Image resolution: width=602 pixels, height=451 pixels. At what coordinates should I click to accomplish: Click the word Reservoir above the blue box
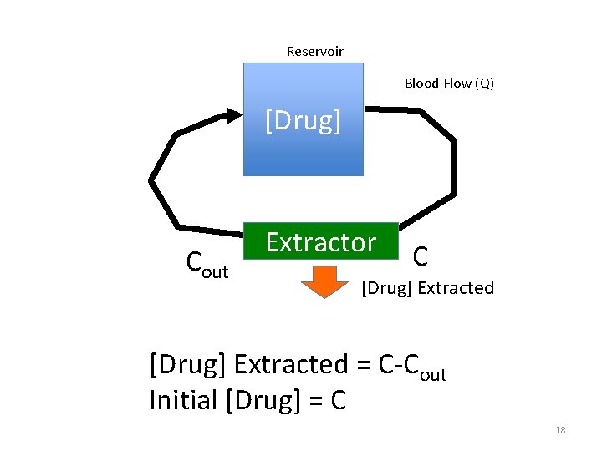(314, 52)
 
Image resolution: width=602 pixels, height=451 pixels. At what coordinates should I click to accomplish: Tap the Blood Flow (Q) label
(449, 83)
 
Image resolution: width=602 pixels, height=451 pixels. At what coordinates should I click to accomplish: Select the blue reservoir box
(304, 150)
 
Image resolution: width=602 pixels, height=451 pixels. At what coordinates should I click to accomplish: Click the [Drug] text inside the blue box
(304, 121)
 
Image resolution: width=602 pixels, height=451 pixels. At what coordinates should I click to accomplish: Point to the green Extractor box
(321, 244)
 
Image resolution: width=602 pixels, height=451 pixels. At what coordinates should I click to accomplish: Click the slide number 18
(560, 430)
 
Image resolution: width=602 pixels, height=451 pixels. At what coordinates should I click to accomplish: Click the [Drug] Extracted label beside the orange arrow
(427, 288)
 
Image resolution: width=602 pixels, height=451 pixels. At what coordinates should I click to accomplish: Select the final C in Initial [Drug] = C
(338, 402)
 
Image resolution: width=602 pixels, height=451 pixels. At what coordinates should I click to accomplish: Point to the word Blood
(421, 83)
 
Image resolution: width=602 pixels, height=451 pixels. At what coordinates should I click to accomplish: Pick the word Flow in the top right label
(457, 83)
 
